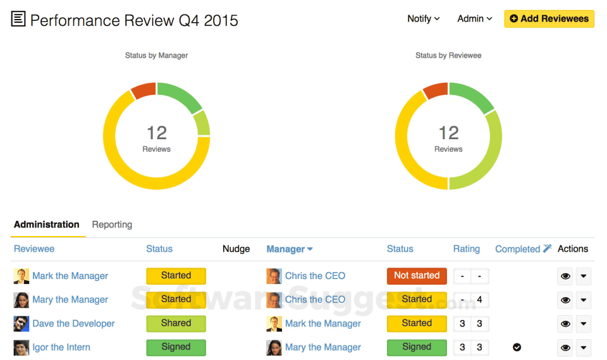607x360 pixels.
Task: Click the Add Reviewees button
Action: (x=549, y=19)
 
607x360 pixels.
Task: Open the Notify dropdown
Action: (x=423, y=19)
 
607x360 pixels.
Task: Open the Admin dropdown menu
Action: (x=474, y=19)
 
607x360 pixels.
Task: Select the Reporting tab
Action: (x=112, y=225)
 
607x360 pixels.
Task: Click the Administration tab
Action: (x=47, y=225)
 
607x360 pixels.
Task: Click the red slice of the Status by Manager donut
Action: (x=144, y=90)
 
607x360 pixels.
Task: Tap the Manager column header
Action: (x=289, y=249)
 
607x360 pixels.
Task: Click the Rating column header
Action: (x=466, y=249)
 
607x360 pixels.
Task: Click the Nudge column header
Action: (x=236, y=249)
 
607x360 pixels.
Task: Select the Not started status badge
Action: (x=417, y=276)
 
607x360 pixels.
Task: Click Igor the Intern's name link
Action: (x=61, y=347)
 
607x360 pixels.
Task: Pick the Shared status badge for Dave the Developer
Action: (x=176, y=323)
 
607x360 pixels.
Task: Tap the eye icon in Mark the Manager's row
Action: (x=565, y=276)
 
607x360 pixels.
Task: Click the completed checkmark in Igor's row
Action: (x=517, y=347)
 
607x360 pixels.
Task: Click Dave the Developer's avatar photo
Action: (x=21, y=324)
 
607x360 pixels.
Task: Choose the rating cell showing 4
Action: (x=480, y=300)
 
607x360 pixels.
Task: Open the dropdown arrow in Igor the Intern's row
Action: (x=583, y=347)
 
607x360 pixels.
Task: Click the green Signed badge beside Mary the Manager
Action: (x=417, y=347)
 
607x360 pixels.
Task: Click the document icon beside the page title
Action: (x=18, y=20)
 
